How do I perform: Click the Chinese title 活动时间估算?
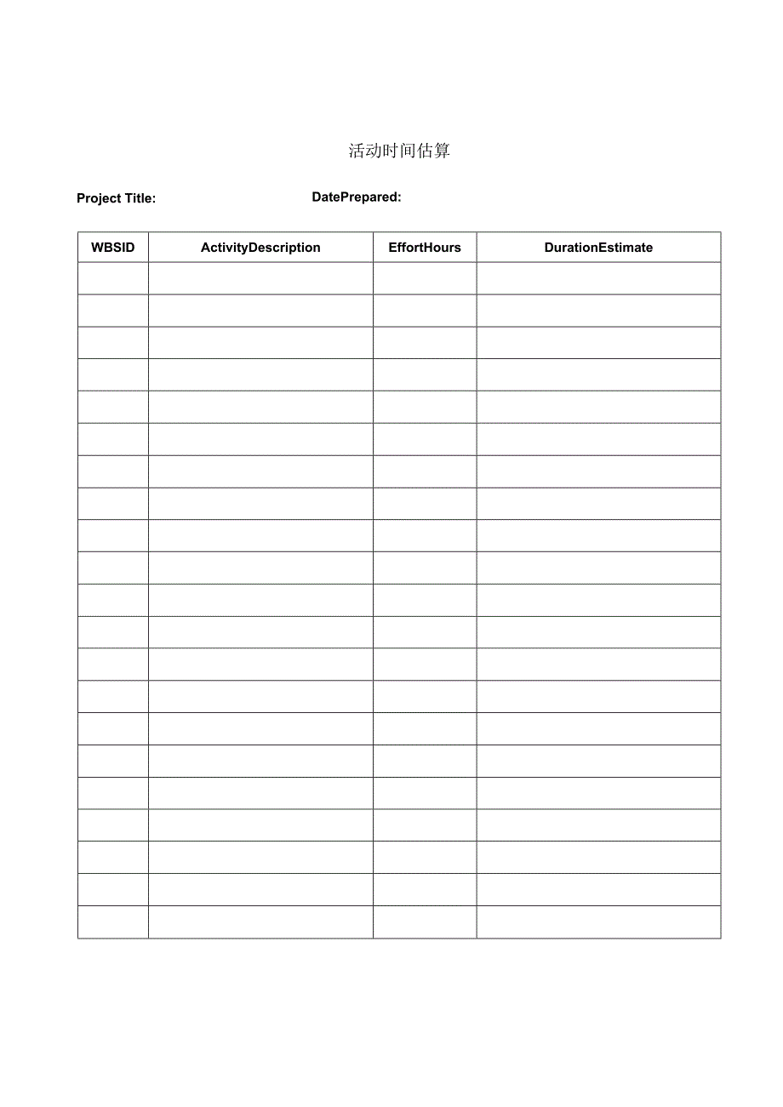399,151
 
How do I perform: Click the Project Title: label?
116,198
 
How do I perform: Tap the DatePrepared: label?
357,197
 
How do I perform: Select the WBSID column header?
113,248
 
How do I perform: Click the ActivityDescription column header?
260,248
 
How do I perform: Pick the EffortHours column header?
425,248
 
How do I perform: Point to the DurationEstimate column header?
598,248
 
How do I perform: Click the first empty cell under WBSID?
113,278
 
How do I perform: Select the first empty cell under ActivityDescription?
260,278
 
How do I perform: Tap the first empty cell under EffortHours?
425,278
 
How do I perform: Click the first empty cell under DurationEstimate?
598,278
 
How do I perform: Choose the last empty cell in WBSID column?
113,922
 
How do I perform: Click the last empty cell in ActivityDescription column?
260,922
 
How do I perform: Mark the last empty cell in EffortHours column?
425,922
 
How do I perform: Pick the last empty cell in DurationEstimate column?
598,922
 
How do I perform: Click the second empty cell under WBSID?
113,311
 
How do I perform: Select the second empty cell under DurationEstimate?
598,311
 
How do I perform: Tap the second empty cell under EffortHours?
425,311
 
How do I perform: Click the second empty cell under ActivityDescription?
260,311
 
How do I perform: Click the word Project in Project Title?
99,198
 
